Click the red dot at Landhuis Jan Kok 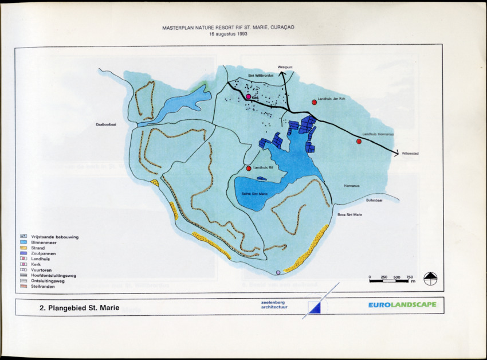coord(314,102)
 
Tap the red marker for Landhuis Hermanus coord(359,141)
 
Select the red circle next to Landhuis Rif coord(249,168)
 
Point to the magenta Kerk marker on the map coord(248,97)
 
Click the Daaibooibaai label coord(107,124)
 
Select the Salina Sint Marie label coord(255,194)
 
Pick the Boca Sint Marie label coord(350,214)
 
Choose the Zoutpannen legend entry coord(44,253)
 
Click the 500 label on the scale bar coord(396,277)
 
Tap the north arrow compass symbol coord(430,279)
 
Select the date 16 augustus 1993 coord(228,34)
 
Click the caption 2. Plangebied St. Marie coord(79,308)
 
